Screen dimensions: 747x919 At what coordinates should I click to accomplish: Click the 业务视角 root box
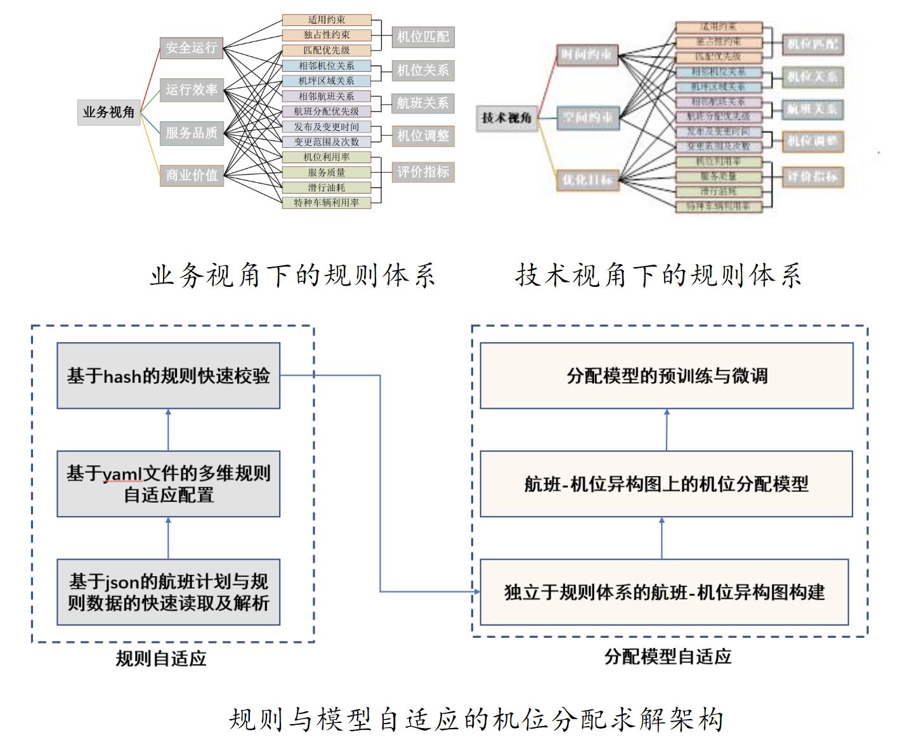(108, 112)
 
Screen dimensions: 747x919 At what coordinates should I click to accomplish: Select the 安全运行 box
(191, 48)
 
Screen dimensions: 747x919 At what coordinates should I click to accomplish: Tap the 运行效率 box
(191, 90)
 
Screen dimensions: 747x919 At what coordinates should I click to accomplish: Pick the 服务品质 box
(191, 133)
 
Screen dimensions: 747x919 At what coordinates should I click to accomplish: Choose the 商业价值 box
(191, 175)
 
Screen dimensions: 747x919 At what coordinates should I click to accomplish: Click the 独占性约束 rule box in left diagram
(326, 35)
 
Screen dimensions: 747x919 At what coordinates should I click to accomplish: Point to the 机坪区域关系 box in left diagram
(326, 81)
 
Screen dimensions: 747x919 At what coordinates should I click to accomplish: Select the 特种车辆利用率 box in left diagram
(326, 202)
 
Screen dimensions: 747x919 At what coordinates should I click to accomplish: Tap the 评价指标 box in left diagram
(422, 171)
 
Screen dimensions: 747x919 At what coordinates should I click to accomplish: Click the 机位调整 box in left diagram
(422, 135)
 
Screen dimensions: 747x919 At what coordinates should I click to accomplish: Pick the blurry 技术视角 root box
(507, 118)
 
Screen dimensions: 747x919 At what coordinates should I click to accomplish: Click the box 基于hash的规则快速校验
(168, 376)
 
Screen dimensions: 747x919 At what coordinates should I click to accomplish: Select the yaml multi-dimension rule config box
(168, 484)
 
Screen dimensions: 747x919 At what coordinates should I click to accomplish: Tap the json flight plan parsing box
(168, 592)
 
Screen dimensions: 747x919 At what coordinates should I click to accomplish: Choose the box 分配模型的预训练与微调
(667, 376)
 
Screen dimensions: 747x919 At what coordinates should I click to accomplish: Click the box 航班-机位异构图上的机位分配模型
(667, 484)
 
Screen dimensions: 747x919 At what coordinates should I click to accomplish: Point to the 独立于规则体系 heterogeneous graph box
(664, 592)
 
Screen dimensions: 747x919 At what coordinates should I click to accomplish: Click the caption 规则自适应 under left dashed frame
(161, 658)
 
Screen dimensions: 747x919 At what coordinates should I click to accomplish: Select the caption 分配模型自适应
(668, 656)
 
